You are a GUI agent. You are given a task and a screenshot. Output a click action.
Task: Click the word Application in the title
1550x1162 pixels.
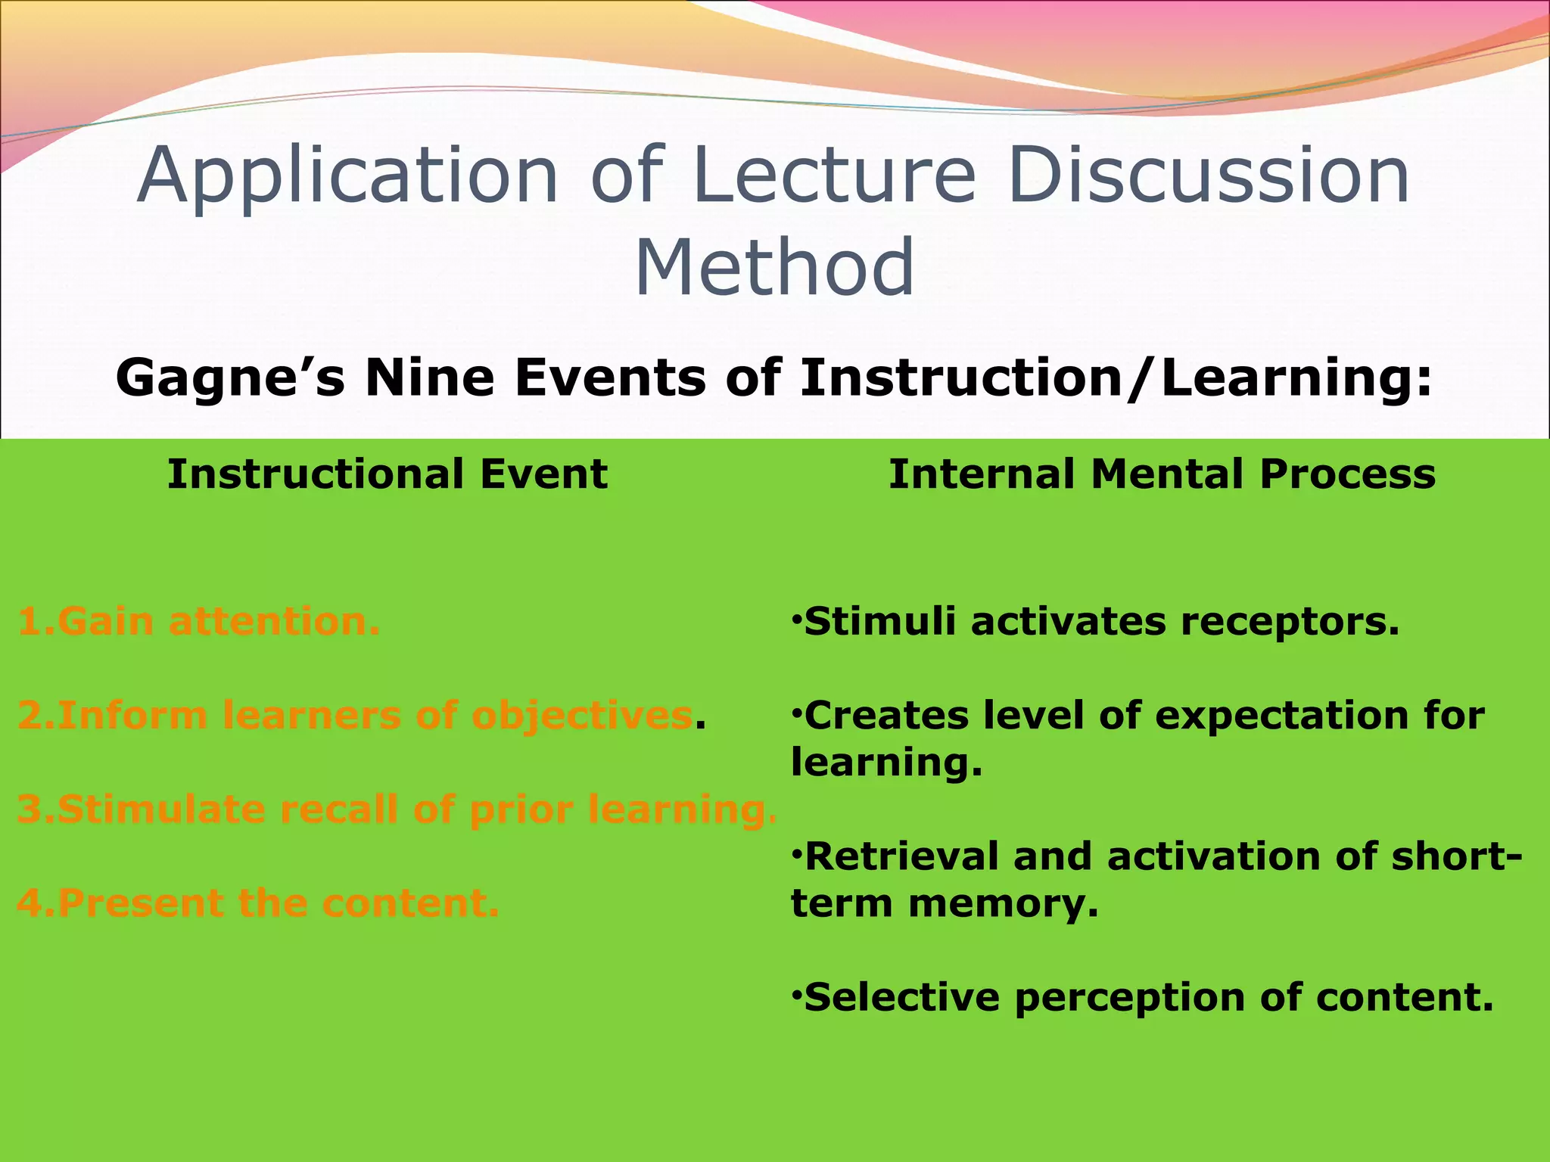(348, 176)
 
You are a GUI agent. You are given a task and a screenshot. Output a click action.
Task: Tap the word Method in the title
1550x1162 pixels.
(774, 267)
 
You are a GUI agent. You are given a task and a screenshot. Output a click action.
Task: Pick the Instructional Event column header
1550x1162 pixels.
(387, 474)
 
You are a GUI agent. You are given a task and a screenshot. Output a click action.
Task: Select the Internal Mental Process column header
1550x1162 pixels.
(1162, 474)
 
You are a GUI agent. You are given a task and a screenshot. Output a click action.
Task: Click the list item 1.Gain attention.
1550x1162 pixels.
(198, 621)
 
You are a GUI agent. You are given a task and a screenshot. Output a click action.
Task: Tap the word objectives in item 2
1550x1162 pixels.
(581, 716)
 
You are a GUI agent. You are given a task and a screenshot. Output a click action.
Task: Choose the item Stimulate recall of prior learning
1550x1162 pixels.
(397, 809)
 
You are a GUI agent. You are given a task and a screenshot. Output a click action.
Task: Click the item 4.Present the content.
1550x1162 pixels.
(258, 903)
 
